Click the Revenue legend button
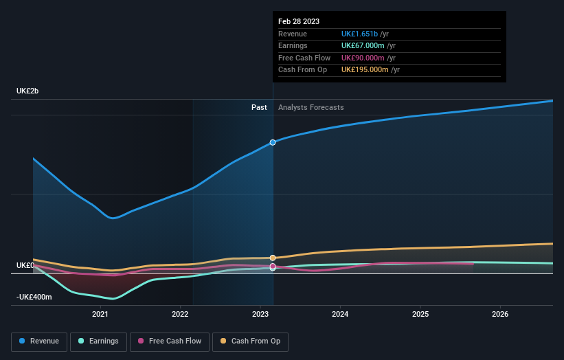coord(39,341)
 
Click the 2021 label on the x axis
coord(100,314)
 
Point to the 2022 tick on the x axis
coord(180,314)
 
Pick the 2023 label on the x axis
coord(260,314)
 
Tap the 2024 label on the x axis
coord(340,314)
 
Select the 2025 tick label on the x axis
coord(420,314)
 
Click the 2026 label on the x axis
coord(500,314)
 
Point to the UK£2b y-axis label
coord(27,91)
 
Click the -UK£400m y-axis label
coord(34,297)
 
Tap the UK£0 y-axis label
coord(25,265)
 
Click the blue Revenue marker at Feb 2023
coord(273,142)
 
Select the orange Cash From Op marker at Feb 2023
coord(273,258)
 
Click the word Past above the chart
coord(259,107)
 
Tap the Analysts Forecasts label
coord(311,107)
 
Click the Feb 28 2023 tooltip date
coord(299,21)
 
